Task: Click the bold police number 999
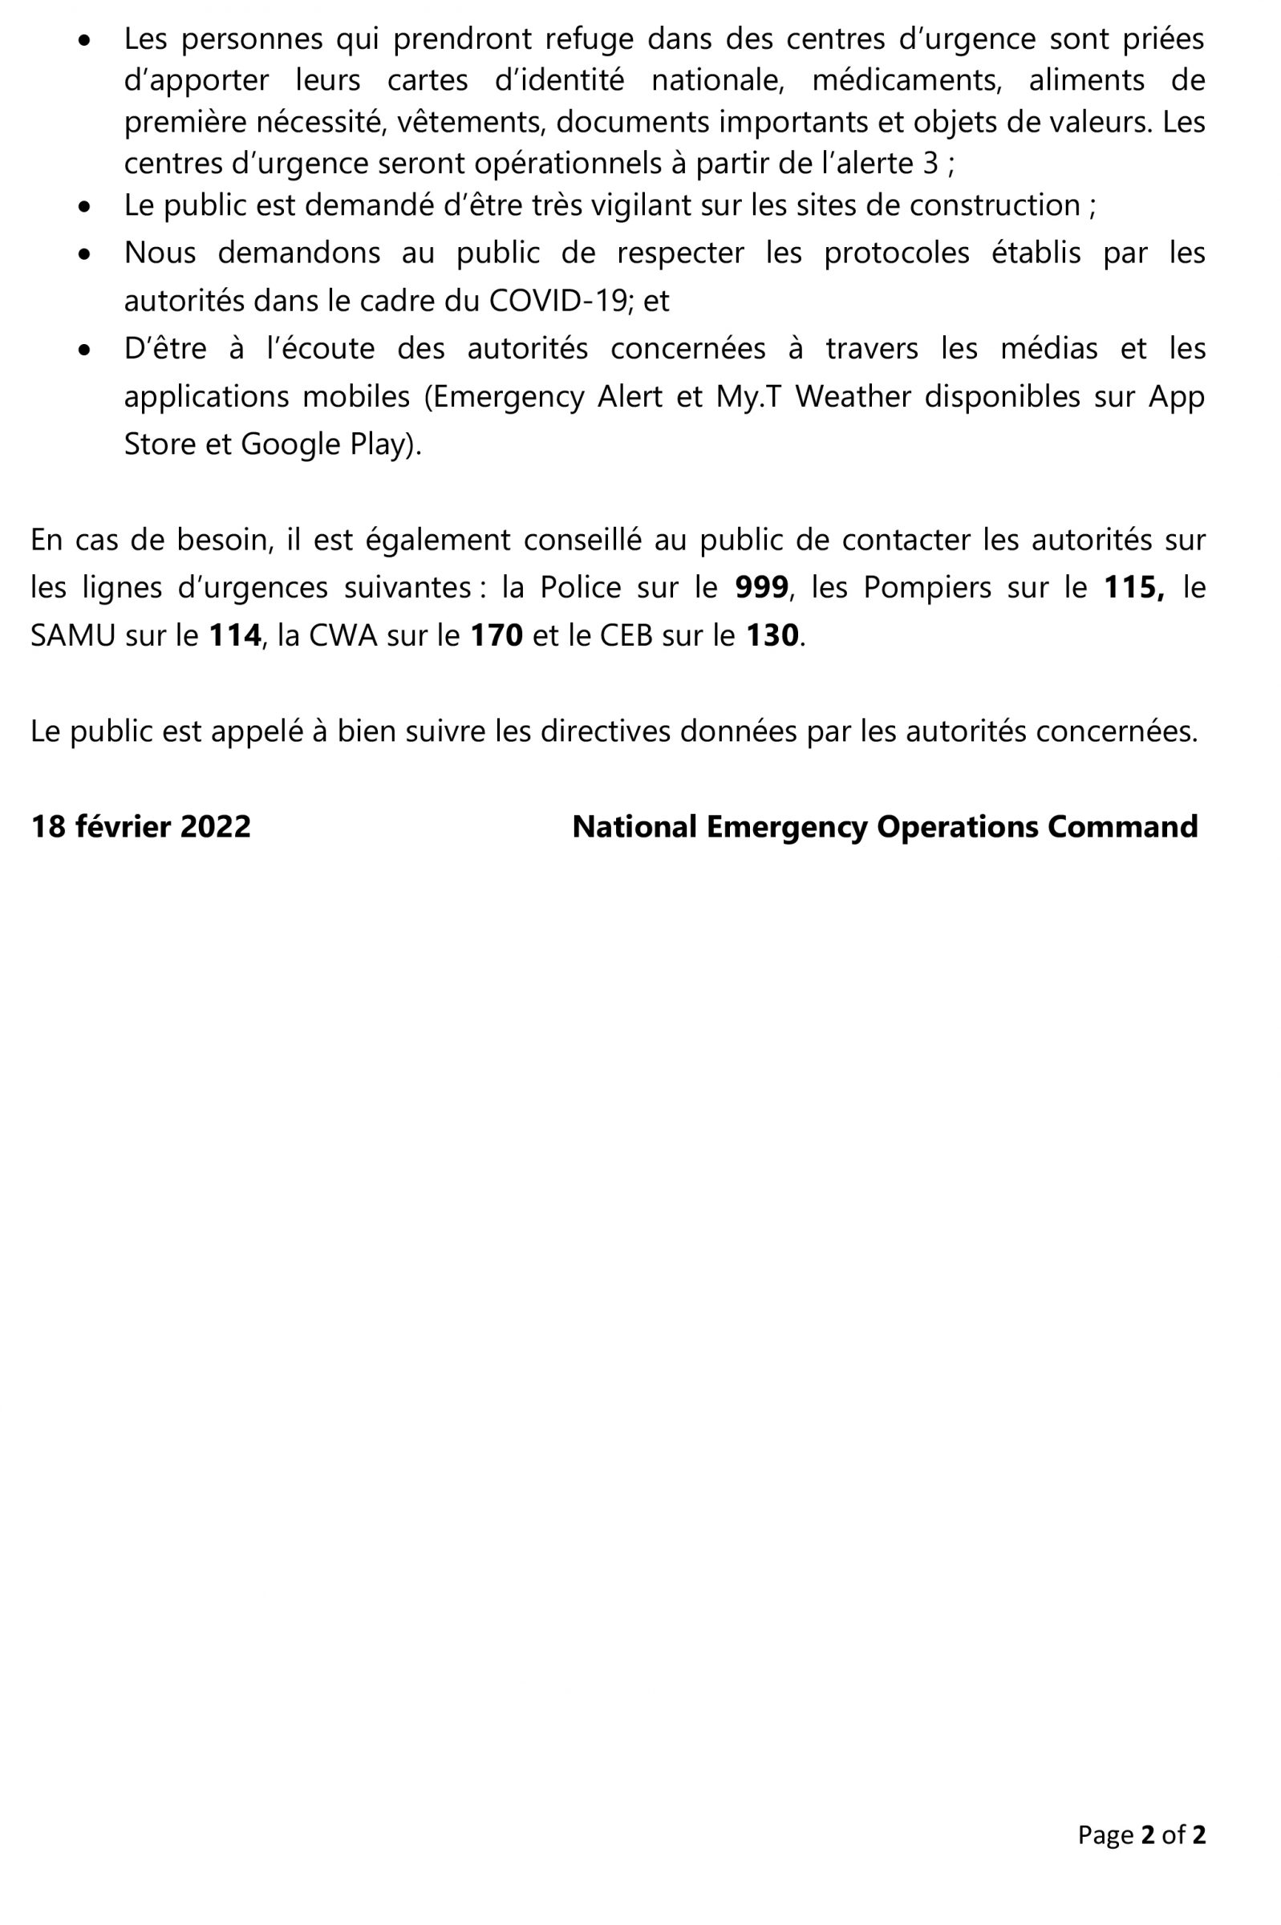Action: [x=761, y=587]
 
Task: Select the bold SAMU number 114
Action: [x=234, y=635]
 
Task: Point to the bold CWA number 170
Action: [x=497, y=635]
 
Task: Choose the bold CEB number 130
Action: [x=771, y=635]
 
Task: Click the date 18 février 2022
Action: [x=140, y=826]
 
